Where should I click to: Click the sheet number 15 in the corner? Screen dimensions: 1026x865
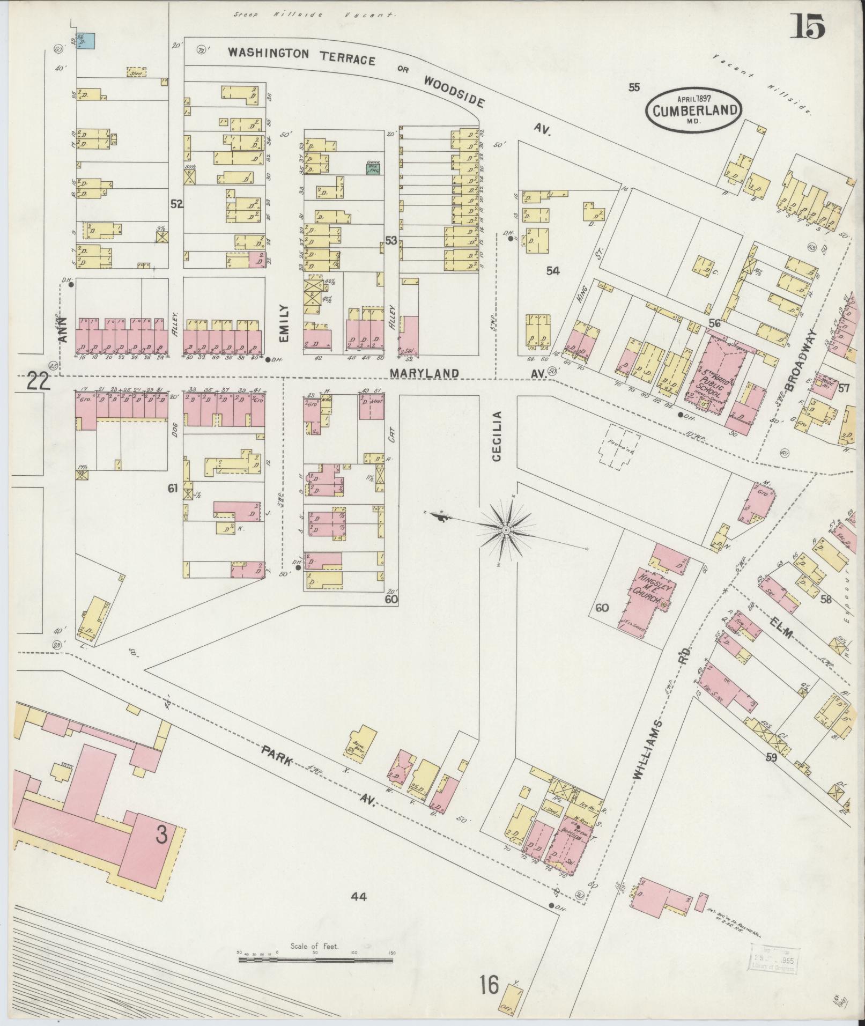coord(807,25)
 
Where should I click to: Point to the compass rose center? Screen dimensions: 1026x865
coord(505,530)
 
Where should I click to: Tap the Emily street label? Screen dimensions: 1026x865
coord(283,323)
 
